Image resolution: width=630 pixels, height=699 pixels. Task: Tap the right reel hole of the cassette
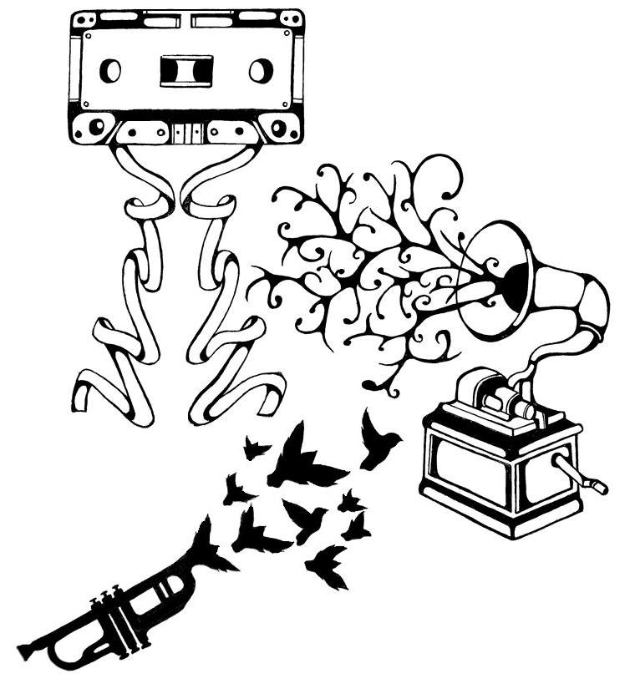click(262, 70)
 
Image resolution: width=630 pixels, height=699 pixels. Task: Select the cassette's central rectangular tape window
click(185, 70)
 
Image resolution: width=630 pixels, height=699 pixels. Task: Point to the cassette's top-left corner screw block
click(82, 18)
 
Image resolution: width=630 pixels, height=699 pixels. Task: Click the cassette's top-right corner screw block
click(291, 18)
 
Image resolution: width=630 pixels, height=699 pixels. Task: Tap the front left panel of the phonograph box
click(472, 473)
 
